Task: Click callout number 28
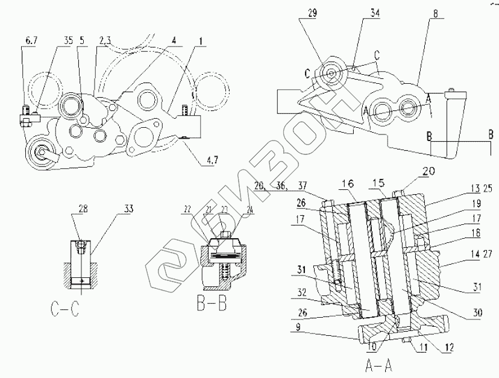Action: pyautogui.click(x=82, y=209)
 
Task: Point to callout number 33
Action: pyautogui.click(x=128, y=209)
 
